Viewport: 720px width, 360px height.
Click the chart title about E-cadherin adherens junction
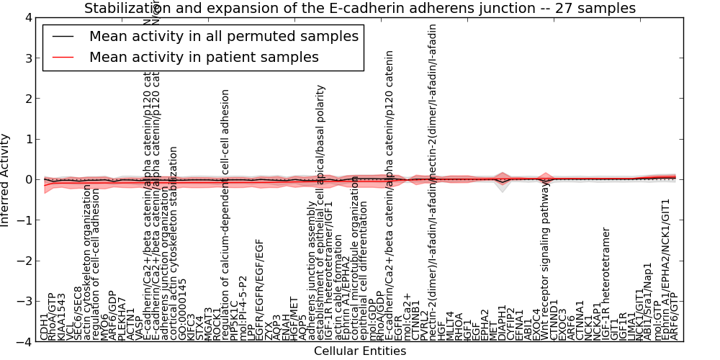click(x=360, y=9)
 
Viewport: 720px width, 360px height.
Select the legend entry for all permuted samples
click(x=223, y=36)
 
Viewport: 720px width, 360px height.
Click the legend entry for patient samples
click(x=204, y=57)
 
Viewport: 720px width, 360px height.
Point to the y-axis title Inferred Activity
click(x=6, y=180)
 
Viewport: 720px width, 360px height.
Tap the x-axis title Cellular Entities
click(x=360, y=351)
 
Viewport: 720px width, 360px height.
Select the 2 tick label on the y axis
click(x=28, y=99)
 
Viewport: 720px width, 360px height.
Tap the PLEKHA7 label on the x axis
click(x=122, y=318)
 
